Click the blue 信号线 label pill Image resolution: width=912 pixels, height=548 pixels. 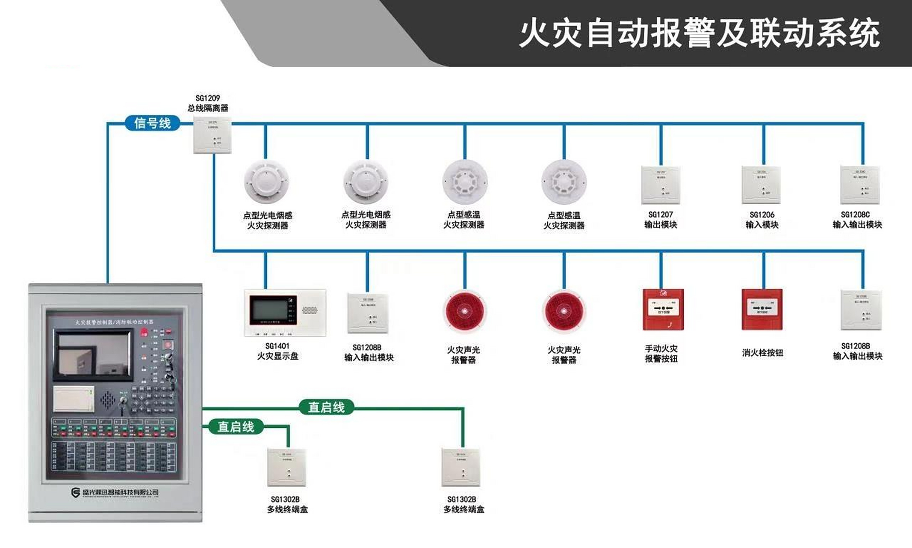(152, 123)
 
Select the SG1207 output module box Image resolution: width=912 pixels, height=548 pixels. (661, 185)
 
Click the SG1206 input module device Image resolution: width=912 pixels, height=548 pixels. (761, 185)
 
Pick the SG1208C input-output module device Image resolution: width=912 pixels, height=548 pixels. (860, 185)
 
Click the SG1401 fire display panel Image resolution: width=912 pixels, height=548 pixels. (285, 313)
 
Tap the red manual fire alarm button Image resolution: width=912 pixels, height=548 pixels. (663, 310)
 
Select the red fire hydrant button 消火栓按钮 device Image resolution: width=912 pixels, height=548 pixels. (762, 310)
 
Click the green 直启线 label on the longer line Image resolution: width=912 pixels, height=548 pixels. (326, 407)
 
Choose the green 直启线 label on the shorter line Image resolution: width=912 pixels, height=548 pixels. (236, 426)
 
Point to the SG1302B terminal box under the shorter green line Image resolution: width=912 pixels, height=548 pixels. (287, 467)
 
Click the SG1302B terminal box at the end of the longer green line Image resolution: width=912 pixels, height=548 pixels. (461, 467)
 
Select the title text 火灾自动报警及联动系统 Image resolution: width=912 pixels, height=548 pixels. (699, 33)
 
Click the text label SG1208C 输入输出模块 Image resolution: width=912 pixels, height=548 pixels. (857, 220)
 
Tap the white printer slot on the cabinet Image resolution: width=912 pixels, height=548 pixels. (74, 399)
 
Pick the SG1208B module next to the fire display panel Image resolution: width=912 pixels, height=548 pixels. (368, 313)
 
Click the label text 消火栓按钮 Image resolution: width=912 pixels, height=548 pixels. (762, 353)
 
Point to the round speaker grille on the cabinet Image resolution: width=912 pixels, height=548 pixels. (108, 400)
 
